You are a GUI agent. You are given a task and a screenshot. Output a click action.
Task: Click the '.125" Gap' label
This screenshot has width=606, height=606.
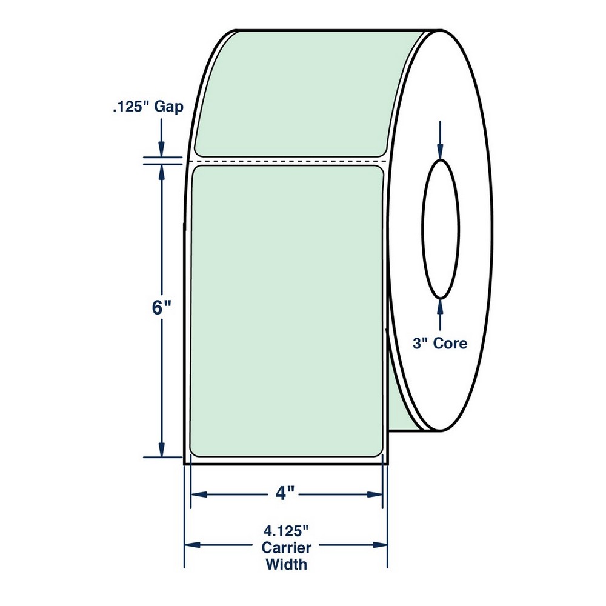point(148,107)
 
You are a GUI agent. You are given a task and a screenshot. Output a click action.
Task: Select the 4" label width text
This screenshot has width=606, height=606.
point(285,493)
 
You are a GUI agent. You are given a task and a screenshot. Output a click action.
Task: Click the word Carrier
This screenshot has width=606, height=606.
point(287,548)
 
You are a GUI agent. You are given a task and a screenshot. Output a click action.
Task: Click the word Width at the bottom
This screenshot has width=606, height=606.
point(287,564)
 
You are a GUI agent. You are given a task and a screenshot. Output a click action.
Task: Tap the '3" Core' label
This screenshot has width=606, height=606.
point(440,343)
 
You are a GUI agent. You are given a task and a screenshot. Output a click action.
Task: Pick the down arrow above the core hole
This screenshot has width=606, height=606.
point(440,140)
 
